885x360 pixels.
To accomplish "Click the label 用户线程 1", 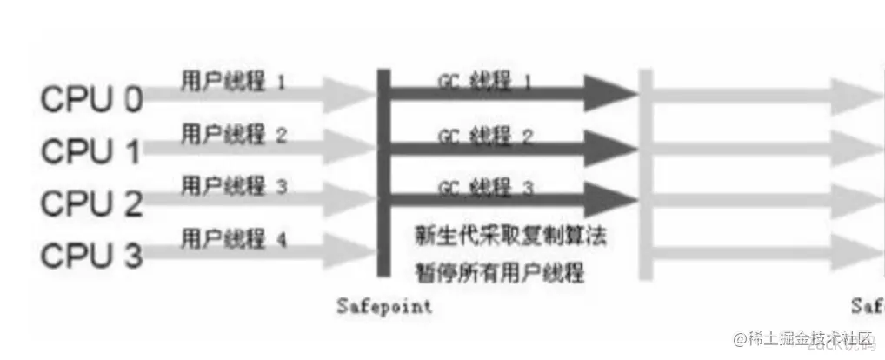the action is coord(232,82).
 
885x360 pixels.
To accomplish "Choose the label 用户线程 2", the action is coord(232,134).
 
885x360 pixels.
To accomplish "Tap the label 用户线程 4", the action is coord(232,237).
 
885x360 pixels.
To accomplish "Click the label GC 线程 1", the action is coord(485,81).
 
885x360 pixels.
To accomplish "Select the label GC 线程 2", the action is coord(485,137).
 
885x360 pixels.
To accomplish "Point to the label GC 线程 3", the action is coord(485,187).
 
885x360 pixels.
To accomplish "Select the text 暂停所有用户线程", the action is coord(498,273).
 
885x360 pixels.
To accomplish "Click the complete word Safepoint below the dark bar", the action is coord(384,306).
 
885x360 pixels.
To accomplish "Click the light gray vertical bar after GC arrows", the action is coord(645,174).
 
